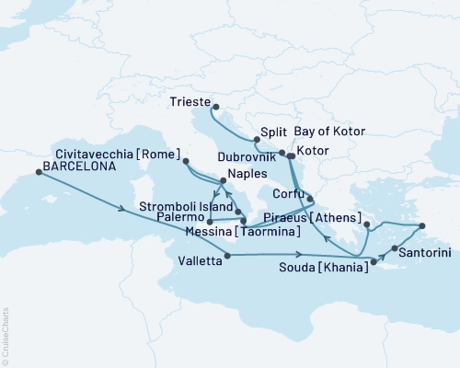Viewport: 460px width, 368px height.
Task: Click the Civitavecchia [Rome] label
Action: coord(131,153)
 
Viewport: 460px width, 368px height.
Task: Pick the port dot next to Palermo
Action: coord(210,222)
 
